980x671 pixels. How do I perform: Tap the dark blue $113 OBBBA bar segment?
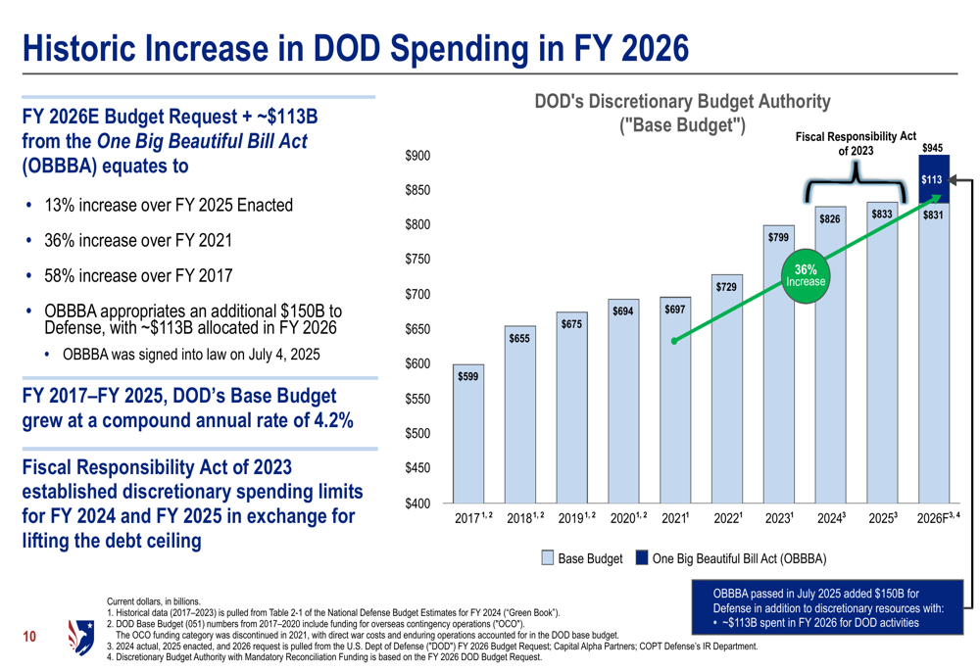tap(932, 180)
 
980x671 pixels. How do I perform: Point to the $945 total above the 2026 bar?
tap(932, 148)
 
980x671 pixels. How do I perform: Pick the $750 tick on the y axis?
tap(416, 260)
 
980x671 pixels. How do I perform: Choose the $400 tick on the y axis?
tap(416, 503)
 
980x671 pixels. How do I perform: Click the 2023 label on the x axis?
tap(778, 518)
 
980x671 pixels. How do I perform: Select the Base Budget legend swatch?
tap(549, 558)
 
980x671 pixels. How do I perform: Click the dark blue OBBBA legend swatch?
tap(641, 558)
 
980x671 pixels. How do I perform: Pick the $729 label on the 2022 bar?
tap(726, 286)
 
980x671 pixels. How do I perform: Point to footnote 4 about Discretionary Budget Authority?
tap(323, 657)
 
